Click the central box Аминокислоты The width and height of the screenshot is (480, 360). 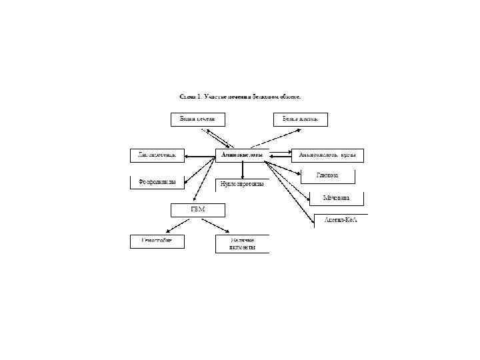pyautogui.click(x=241, y=155)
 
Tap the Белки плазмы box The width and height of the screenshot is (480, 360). pyautogui.click(x=300, y=119)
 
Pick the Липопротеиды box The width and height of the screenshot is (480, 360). pyautogui.click(x=157, y=155)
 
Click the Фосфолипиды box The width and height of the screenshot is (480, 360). pyautogui.click(x=157, y=181)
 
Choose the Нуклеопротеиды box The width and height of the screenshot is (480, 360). pyautogui.click(x=242, y=183)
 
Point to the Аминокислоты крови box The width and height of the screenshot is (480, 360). pyautogui.click(x=328, y=155)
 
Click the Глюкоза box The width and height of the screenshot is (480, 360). pyautogui.click(x=327, y=176)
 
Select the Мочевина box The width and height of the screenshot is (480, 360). pyautogui.click(x=337, y=198)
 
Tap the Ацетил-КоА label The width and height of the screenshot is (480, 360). pyautogui.click(x=340, y=220)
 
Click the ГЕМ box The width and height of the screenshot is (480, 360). pyautogui.click(x=198, y=210)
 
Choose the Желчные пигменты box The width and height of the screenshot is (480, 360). pyautogui.click(x=242, y=243)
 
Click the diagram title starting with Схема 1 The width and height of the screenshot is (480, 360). pyautogui.click(x=240, y=97)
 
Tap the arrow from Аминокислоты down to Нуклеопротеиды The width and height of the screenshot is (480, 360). pyautogui.click(x=242, y=169)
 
